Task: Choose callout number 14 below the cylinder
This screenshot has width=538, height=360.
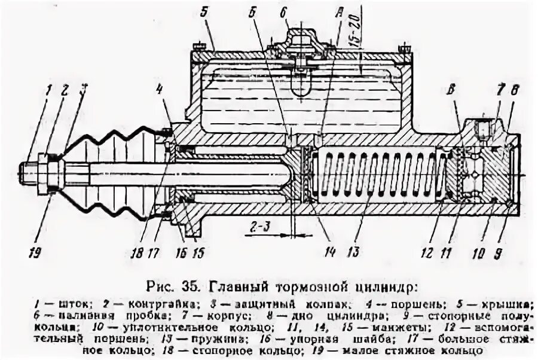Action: [x=329, y=251]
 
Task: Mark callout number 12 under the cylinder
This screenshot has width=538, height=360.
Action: [x=426, y=252]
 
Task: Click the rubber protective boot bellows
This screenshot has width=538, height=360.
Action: [x=117, y=170]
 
